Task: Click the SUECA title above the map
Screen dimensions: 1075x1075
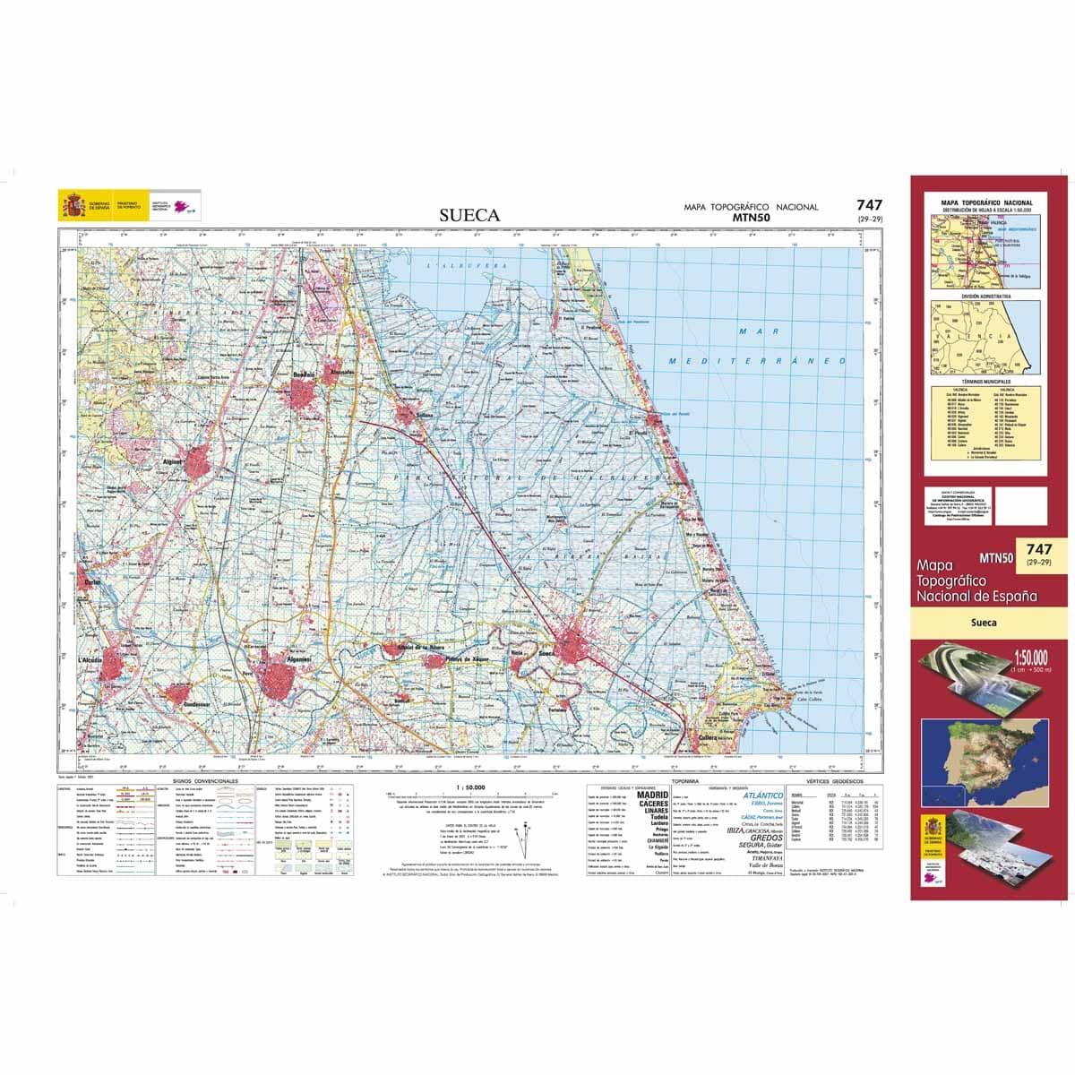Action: [469, 215]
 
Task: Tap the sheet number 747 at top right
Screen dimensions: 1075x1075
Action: [869, 205]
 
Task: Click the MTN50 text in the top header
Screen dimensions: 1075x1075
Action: [751, 217]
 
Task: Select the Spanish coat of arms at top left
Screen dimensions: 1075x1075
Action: [72, 205]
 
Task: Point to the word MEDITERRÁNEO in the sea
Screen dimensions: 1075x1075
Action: [758, 360]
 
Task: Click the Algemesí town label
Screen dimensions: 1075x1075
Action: [297, 659]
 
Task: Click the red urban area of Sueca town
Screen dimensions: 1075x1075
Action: [578, 643]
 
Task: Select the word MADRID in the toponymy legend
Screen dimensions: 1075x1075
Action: [652, 795]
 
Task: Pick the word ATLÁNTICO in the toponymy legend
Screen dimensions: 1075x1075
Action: [762, 795]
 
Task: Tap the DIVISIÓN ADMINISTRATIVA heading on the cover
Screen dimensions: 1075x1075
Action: [986, 296]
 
